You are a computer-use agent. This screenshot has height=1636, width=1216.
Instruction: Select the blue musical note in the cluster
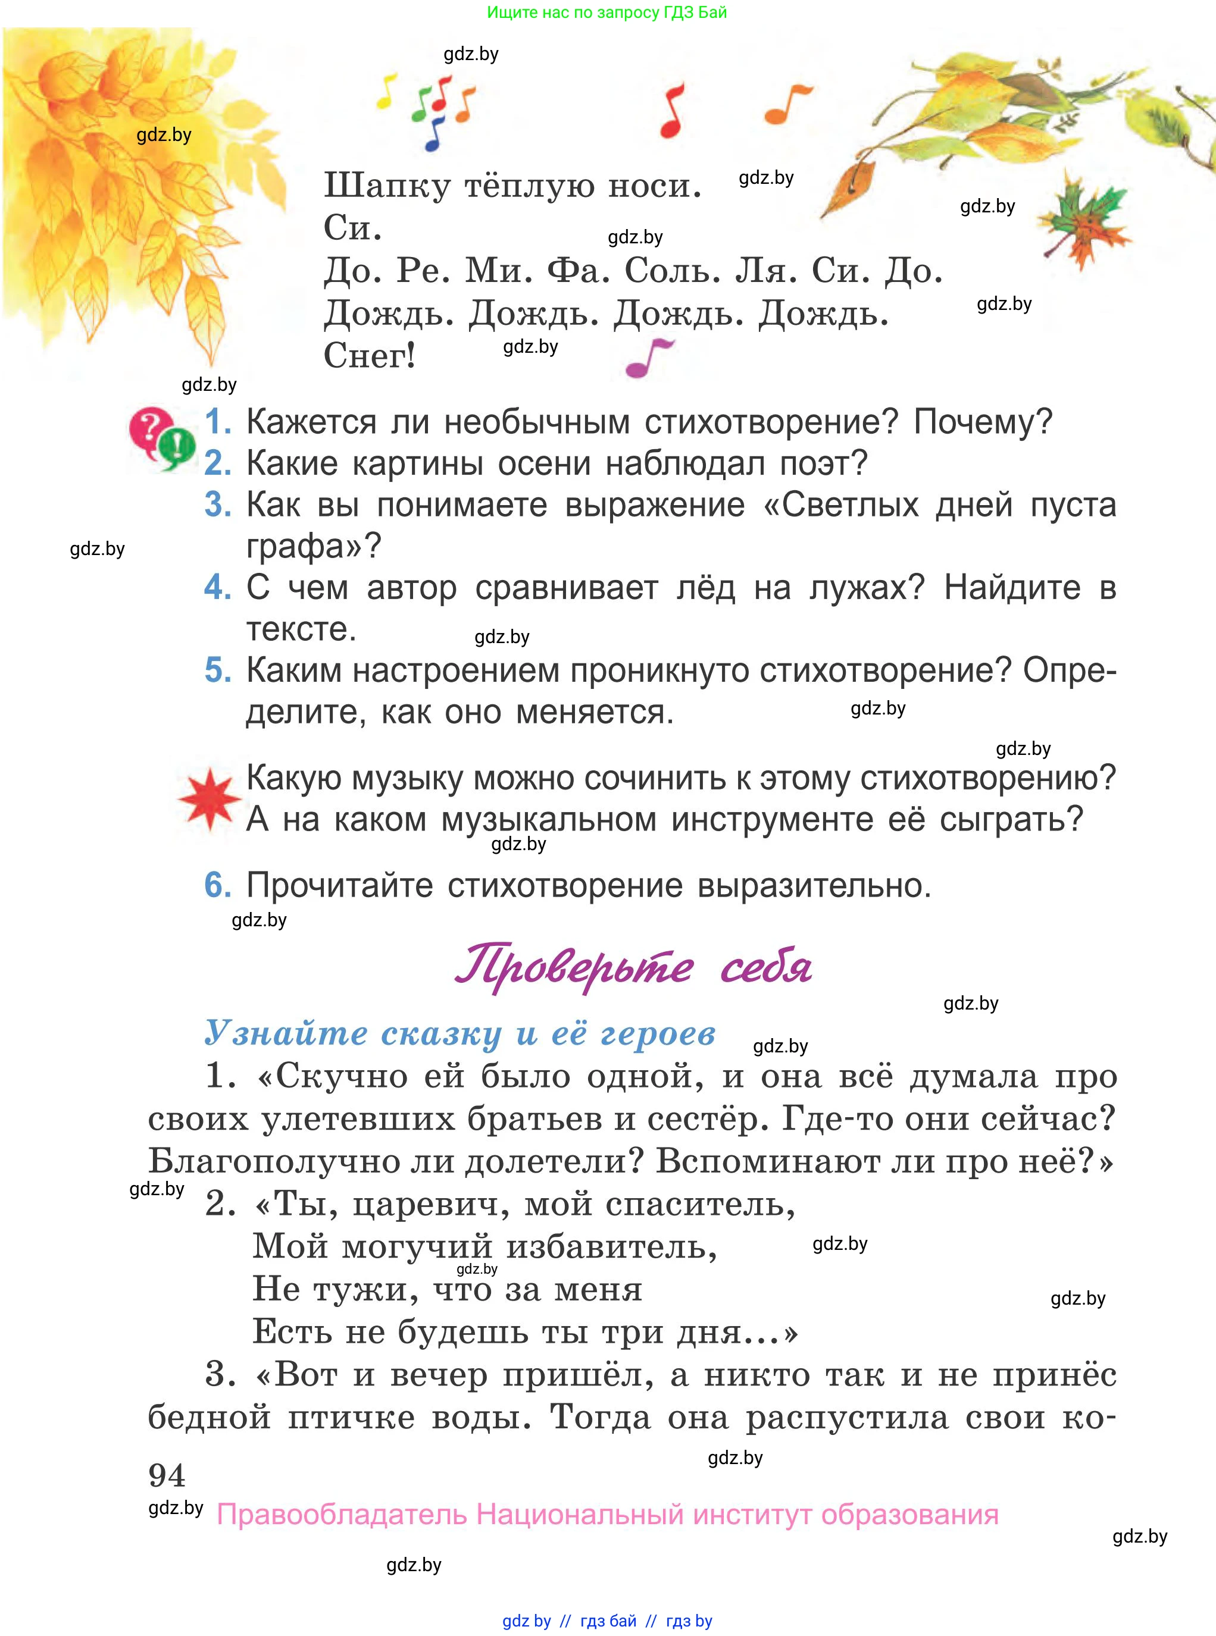click(x=435, y=134)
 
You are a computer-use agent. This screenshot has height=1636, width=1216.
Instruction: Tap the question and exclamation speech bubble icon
click(x=162, y=439)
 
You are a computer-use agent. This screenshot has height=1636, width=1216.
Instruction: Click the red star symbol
click(x=210, y=799)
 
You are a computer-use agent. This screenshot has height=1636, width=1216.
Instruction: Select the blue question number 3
click(x=217, y=505)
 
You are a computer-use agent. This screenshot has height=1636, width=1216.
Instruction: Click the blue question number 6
click(x=217, y=885)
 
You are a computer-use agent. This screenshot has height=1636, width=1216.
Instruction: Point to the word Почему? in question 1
click(x=983, y=422)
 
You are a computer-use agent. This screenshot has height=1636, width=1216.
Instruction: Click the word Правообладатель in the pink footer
click(x=342, y=1515)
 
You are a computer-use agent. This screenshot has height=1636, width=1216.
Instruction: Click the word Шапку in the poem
click(x=386, y=186)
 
